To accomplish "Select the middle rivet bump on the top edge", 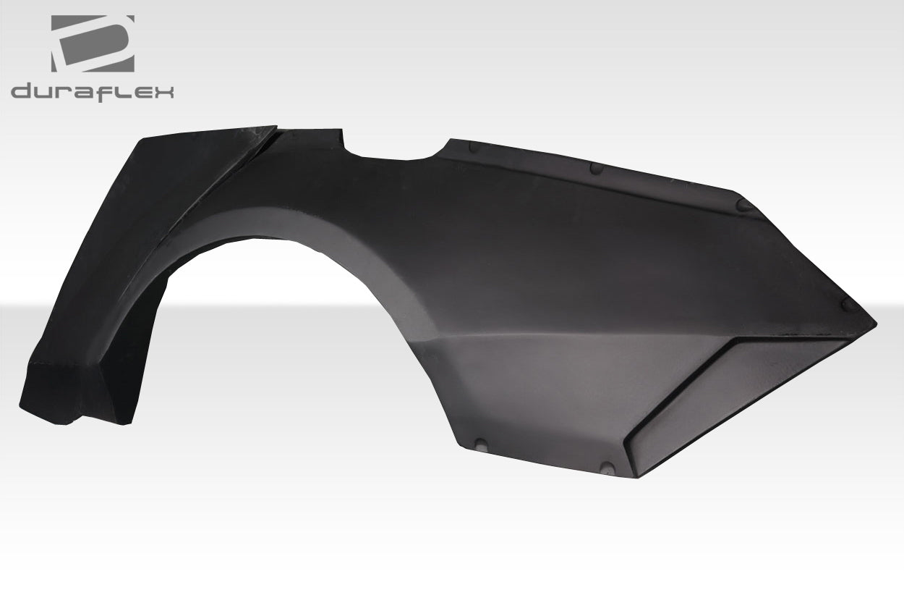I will pos(597,168).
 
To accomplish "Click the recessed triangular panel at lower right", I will pos(738,391).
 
